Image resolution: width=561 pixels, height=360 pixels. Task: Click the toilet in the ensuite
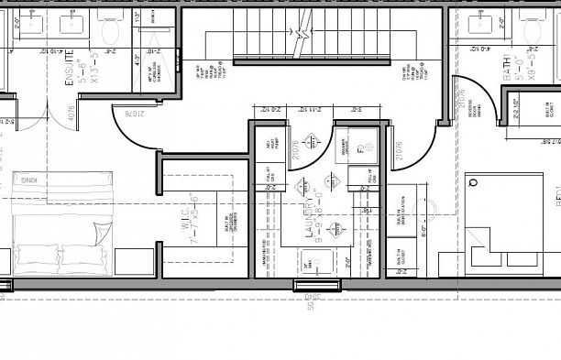[x=112, y=29]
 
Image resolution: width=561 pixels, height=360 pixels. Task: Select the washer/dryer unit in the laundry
[x=359, y=145]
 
